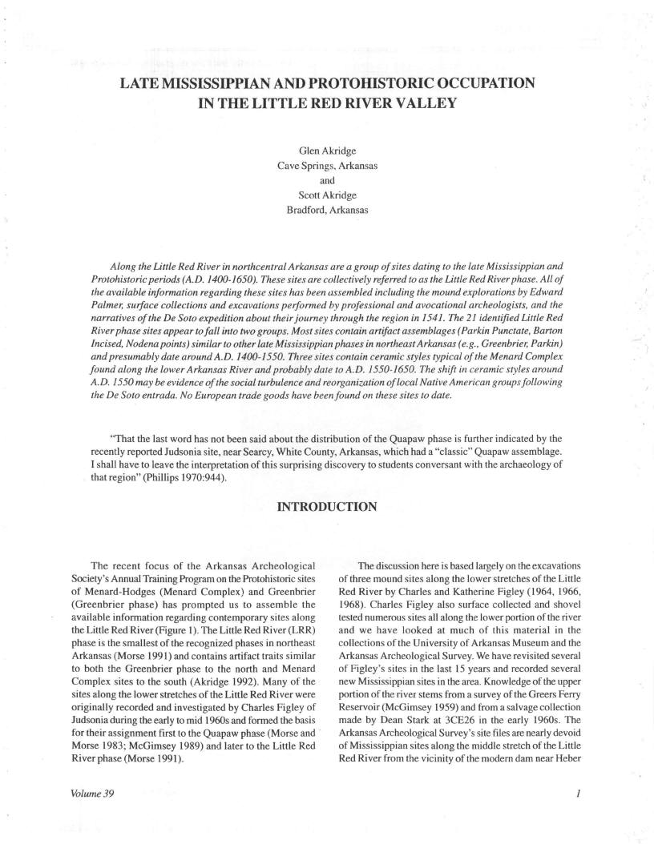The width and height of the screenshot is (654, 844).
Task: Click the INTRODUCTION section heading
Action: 326,506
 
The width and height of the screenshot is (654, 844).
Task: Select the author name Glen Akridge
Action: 327,152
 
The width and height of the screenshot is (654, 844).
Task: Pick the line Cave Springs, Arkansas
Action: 327,167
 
